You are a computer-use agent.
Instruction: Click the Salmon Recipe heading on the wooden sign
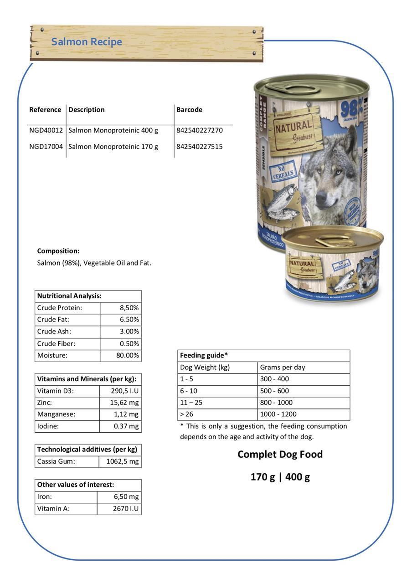(x=87, y=42)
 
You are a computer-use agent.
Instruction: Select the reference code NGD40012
(x=46, y=130)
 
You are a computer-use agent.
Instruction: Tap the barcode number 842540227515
(x=200, y=147)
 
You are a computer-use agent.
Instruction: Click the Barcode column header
(x=189, y=110)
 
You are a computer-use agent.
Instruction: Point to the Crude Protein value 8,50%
(x=129, y=308)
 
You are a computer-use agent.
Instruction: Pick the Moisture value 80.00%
(x=127, y=355)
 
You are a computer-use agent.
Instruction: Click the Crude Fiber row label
(x=56, y=343)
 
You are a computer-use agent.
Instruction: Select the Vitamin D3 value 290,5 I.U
(x=124, y=391)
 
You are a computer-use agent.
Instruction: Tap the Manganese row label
(x=56, y=414)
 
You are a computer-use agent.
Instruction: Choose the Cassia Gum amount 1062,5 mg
(x=122, y=461)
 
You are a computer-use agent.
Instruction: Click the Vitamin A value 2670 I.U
(x=125, y=509)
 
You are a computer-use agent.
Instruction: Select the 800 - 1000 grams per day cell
(x=276, y=403)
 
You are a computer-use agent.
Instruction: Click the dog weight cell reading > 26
(x=186, y=414)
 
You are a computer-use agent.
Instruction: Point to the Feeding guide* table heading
(x=204, y=355)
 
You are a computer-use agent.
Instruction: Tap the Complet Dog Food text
(x=280, y=454)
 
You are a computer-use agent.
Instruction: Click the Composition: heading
(x=58, y=251)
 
